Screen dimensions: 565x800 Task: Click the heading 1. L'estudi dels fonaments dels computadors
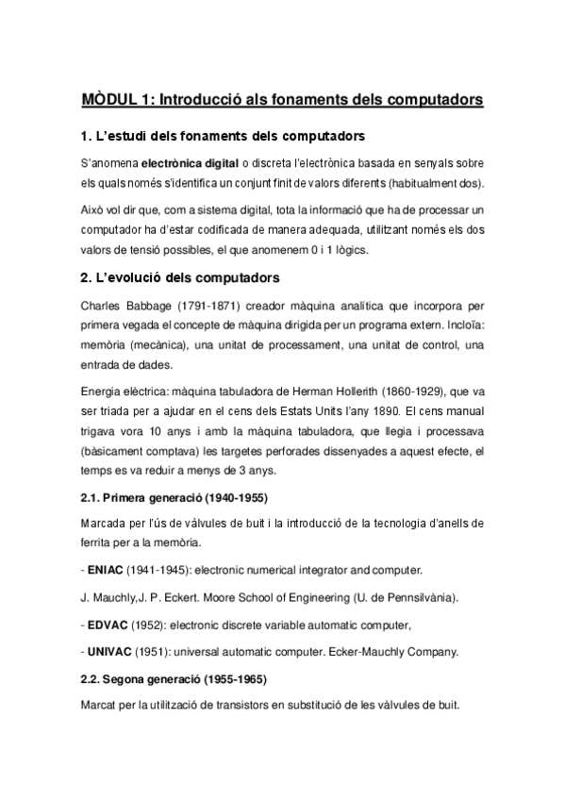pyautogui.click(x=224, y=137)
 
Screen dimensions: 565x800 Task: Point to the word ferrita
pyautogui.click(x=98, y=543)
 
